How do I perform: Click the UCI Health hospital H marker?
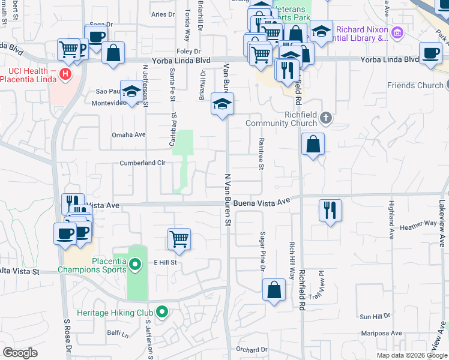pyautogui.click(x=66, y=76)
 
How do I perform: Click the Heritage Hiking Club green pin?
pyautogui.click(x=161, y=312)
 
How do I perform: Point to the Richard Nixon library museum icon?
pyautogui.click(x=396, y=32)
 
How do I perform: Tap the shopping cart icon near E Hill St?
pyautogui.click(x=179, y=239)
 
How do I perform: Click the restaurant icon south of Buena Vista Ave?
pyautogui.click(x=330, y=210)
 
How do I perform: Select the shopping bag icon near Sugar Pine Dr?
pyautogui.click(x=274, y=290)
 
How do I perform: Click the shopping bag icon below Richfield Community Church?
pyautogui.click(x=313, y=144)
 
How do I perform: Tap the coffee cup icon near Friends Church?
pyautogui.click(x=430, y=53)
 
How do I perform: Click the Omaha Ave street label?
pyautogui.click(x=128, y=135)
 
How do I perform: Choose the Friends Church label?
pyautogui.click(x=414, y=86)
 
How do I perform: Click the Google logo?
pyautogui.click(x=20, y=353)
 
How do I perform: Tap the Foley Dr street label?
pyautogui.click(x=187, y=52)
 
